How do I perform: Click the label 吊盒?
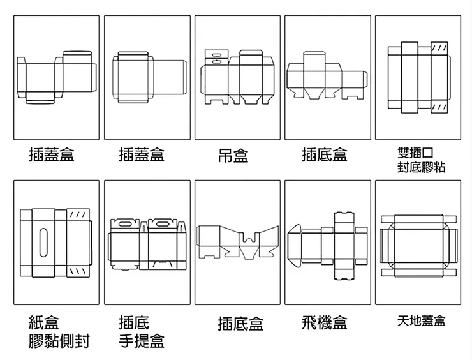tap(233, 155)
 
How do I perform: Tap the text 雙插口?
tap(415, 153)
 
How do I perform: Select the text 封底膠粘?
tap(421, 167)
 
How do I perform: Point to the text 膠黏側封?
tap(59, 341)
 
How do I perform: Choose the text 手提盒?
tap(142, 341)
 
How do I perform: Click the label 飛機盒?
tap(324, 322)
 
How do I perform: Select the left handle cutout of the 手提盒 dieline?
tap(122, 225)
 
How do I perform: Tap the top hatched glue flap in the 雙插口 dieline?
tap(439, 49)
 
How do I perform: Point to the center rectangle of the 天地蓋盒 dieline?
tap(418, 244)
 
